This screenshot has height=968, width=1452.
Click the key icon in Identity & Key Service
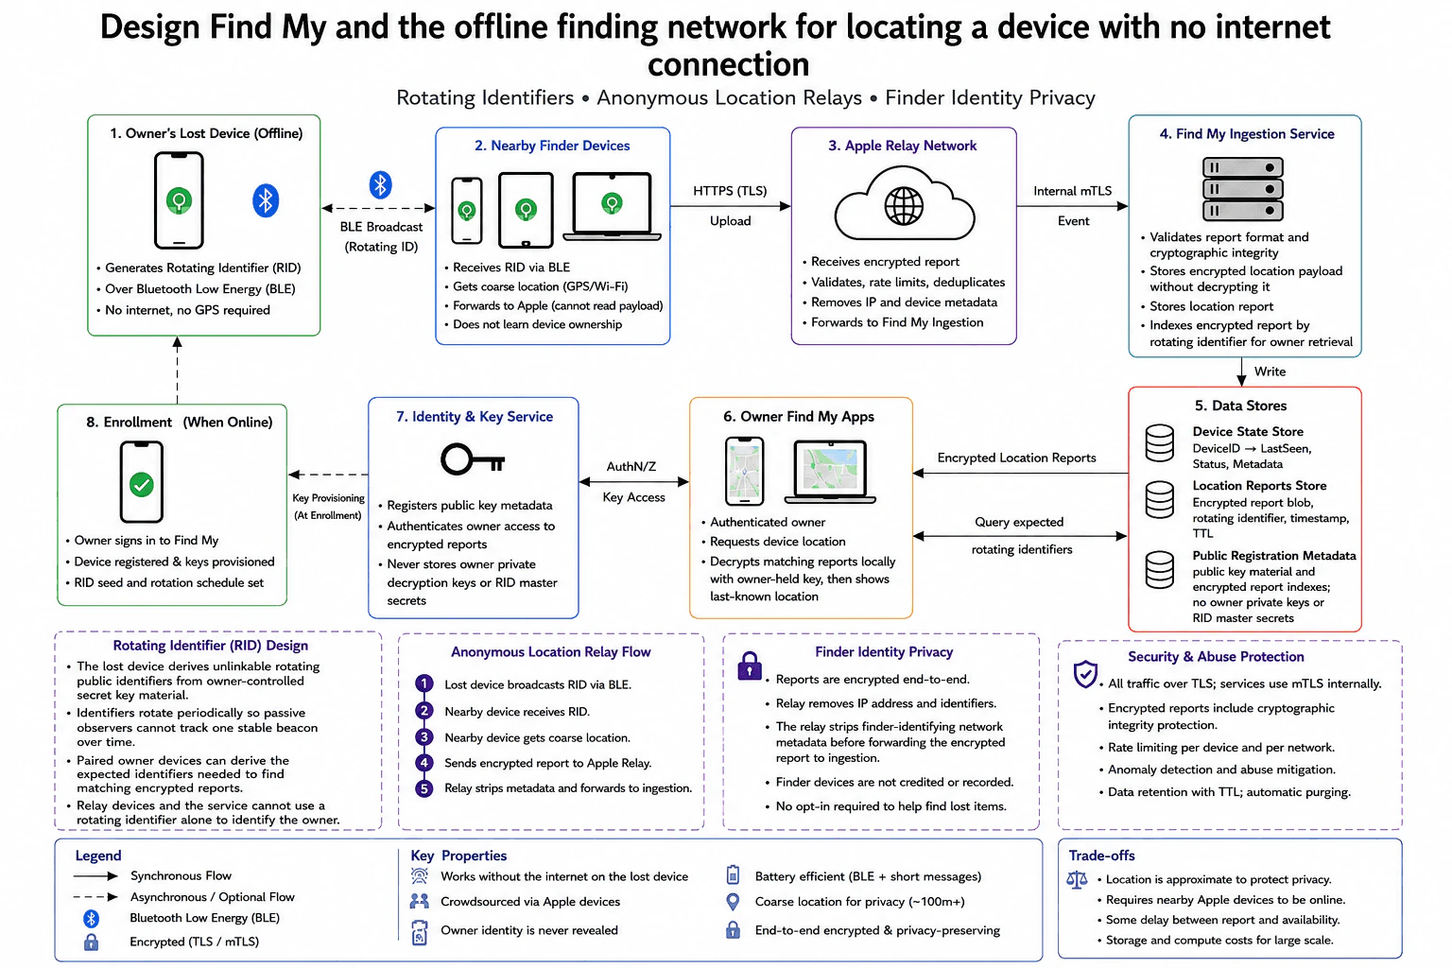[x=473, y=459]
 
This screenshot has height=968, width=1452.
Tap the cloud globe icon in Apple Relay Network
[x=905, y=205]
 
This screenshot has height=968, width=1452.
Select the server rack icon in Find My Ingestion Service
[x=1243, y=189]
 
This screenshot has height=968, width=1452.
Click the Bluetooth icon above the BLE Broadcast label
[x=381, y=184]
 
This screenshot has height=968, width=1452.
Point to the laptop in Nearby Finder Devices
[x=612, y=207]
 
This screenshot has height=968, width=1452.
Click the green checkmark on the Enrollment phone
[x=141, y=484]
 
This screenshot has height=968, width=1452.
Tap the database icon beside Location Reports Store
[x=1160, y=499]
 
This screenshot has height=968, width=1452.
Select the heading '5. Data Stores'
[x=1240, y=406]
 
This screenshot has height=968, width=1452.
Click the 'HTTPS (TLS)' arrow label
[x=730, y=191]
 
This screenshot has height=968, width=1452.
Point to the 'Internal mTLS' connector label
[x=1072, y=191]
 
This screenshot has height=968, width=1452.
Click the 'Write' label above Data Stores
[x=1270, y=372]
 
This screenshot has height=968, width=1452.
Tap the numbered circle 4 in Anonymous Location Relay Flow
[x=423, y=763]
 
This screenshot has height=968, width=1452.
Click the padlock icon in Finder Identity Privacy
[x=750, y=665]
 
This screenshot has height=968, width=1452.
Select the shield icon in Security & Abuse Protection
[x=1085, y=674]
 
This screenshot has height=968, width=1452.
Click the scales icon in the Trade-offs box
[x=1077, y=880]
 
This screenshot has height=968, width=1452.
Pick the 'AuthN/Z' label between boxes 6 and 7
[x=631, y=466]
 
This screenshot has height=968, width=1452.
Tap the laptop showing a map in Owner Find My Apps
[x=830, y=472]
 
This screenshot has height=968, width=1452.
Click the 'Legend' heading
[x=98, y=856]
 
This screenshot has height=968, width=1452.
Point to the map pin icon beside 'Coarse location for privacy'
[x=733, y=901]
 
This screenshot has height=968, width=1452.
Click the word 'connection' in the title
[x=728, y=64]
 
